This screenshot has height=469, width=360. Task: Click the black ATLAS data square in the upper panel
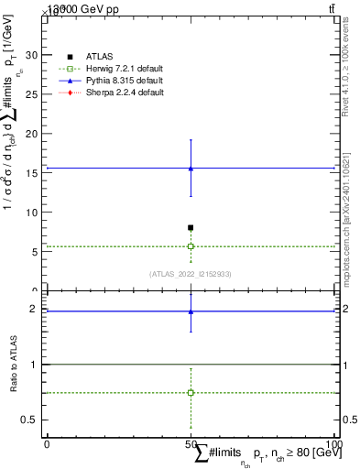pyautogui.click(x=191, y=227)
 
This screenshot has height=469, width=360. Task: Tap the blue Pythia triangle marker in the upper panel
pyautogui.click(x=191, y=169)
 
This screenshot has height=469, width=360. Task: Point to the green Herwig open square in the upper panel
pyautogui.click(x=191, y=246)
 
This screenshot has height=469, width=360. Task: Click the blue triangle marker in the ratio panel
pyautogui.click(x=191, y=311)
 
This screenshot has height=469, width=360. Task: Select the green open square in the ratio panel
pyautogui.click(x=191, y=392)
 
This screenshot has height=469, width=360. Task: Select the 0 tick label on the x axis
pyautogui.click(x=47, y=444)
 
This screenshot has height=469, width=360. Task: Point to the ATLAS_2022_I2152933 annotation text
pyautogui.click(x=191, y=274)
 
